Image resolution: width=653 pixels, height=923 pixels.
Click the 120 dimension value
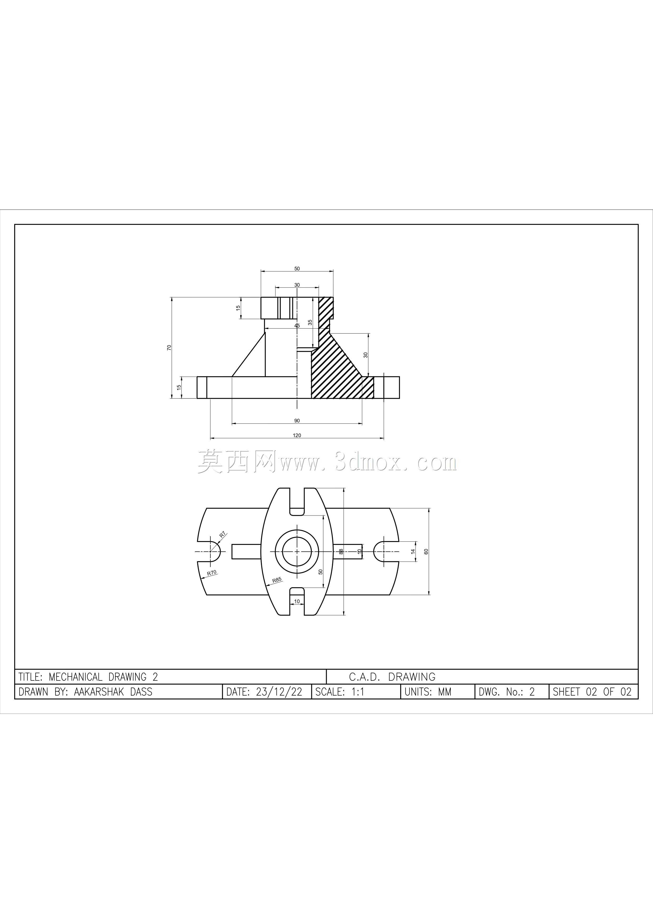(297, 435)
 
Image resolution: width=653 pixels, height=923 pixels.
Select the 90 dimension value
(297, 421)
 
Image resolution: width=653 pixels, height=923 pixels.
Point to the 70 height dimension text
(169, 347)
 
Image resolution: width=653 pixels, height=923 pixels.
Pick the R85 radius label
(277, 580)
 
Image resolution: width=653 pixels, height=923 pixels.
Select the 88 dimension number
(341, 552)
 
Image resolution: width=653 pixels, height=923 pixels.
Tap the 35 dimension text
(310, 322)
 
